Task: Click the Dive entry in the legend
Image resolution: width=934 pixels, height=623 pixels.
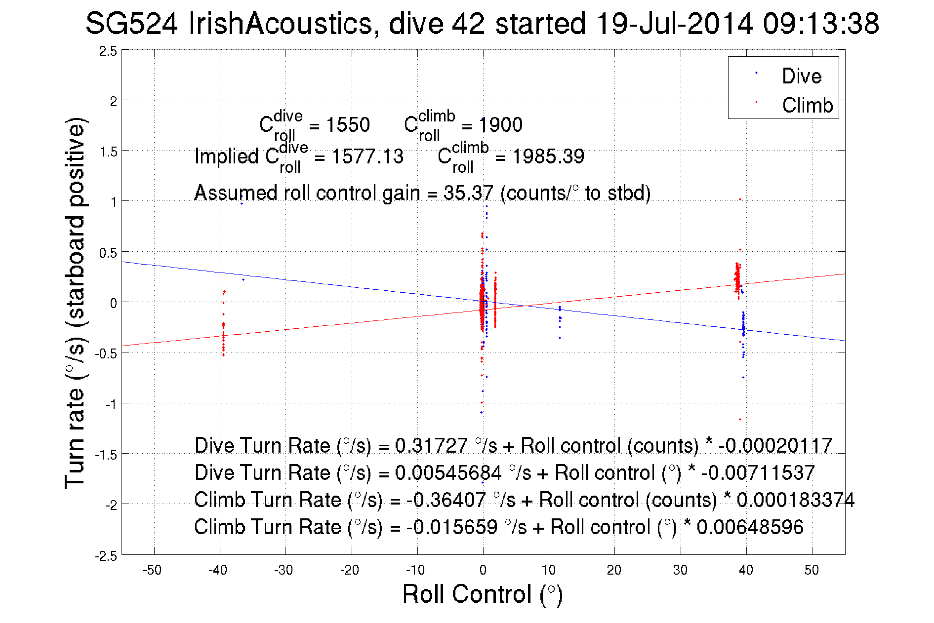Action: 801,76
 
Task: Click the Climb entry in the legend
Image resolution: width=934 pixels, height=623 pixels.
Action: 807,105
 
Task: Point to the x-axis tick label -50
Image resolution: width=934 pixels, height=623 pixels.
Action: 152,570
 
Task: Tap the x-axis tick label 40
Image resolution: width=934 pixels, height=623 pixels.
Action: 746,570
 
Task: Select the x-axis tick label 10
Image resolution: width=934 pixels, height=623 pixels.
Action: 548,570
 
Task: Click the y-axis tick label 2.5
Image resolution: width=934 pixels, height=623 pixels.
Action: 108,51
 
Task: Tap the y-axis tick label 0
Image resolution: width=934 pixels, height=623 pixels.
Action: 114,303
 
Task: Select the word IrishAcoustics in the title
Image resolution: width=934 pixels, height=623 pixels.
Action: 280,24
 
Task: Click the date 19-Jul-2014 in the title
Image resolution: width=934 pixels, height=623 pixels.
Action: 674,24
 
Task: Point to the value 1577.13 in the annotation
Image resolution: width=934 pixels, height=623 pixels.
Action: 367,157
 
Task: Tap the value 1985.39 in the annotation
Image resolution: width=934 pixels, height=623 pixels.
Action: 548,157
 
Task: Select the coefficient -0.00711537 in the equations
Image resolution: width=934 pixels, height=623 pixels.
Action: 758,473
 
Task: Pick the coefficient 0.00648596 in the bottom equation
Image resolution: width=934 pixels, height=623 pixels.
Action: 750,527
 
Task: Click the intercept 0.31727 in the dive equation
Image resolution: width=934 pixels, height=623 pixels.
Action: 431,446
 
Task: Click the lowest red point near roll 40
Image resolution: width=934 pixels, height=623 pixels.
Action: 740,420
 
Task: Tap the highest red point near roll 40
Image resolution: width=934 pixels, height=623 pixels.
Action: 740,199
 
